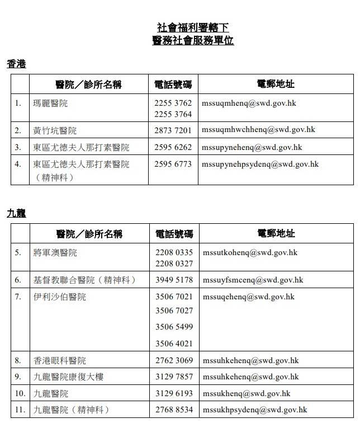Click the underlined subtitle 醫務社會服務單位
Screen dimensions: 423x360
tap(192, 41)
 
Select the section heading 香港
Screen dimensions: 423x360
tap(16, 64)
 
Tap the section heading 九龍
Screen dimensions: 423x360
tap(16, 214)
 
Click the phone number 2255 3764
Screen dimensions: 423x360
tap(173, 114)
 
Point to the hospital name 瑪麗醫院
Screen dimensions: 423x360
tap(50, 104)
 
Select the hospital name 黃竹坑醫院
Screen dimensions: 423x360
tap(55, 130)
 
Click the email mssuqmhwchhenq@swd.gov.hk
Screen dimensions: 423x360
tap(258, 130)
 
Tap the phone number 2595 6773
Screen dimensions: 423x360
tap(173, 164)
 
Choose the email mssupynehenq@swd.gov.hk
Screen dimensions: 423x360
tap(252, 147)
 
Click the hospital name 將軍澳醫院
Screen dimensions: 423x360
tap(55, 253)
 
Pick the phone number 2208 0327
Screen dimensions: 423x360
tap(174, 264)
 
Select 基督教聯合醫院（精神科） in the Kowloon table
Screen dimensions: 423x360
tap(84, 280)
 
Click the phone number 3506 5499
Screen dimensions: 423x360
tap(174, 327)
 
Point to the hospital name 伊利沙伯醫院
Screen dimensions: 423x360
tap(59, 297)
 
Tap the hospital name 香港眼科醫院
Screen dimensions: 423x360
tap(59, 360)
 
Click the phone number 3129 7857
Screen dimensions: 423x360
tap(174, 377)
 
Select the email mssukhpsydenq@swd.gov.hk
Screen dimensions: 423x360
tap(254, 410)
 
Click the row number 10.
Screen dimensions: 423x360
tap(20, 393)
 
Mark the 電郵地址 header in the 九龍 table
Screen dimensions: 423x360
tap(276, 233)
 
